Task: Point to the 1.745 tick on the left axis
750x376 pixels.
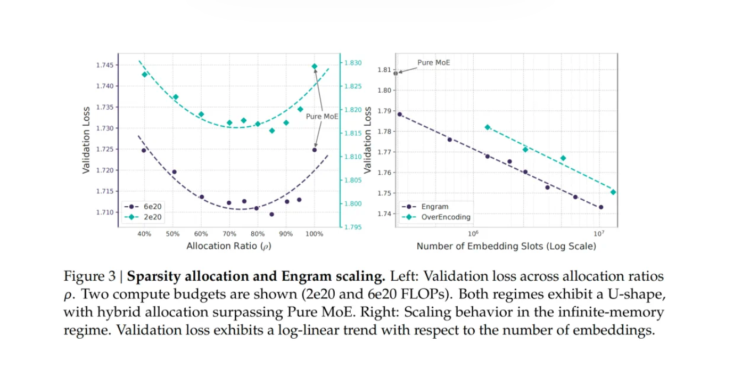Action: [104, 65]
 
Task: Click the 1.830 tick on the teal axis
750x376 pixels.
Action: [353, 63]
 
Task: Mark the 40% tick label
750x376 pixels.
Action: [144, 234]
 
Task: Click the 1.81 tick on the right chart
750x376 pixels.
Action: [384, 70]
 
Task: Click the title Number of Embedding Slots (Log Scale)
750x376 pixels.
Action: [506, 246]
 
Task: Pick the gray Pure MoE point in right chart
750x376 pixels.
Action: [395, 73]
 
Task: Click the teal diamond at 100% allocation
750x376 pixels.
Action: [314, 67]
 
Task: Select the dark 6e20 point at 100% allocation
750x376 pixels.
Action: [315, 150]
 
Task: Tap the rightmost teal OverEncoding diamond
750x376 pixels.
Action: [613, 192]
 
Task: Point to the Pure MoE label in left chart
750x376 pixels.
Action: [322, 117]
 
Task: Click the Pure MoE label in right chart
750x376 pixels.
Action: [433, 62]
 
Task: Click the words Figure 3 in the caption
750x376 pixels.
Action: [89, 277]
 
